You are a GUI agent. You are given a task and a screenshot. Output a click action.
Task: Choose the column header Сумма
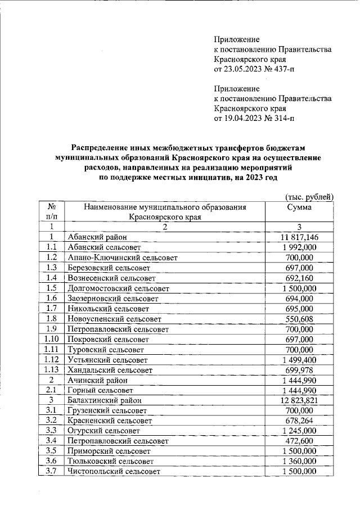299,207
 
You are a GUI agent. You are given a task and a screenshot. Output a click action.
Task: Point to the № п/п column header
51,211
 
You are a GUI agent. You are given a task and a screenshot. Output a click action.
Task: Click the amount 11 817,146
299,237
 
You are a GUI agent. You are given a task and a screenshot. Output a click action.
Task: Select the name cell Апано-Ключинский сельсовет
122,257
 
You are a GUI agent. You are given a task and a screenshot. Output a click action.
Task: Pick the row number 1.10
51,340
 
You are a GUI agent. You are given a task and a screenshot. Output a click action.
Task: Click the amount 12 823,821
299,400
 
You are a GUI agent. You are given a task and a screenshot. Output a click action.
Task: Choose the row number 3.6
51,461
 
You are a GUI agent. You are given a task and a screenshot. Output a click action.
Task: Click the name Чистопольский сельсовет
113,471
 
